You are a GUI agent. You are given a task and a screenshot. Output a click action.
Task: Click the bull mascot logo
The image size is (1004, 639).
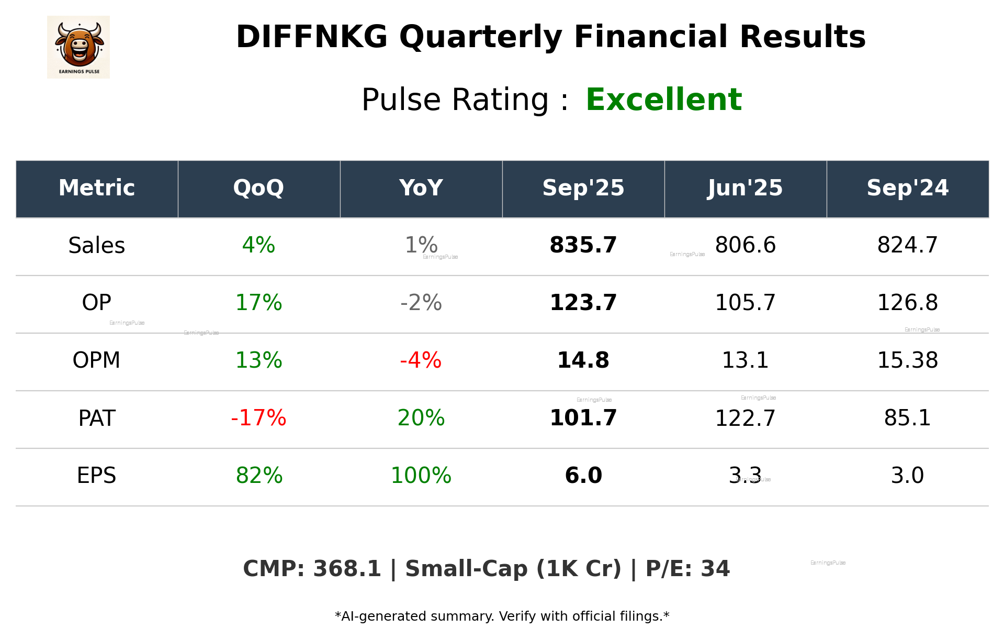78,47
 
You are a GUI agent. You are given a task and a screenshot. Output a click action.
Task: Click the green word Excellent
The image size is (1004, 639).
663,100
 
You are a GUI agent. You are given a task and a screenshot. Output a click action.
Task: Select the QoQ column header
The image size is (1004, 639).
258,188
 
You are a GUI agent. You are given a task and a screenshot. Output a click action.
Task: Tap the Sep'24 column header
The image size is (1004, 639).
907,188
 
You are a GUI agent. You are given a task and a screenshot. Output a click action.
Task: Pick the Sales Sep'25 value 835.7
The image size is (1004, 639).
583,245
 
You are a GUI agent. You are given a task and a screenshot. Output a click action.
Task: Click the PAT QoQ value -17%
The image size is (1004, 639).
258,418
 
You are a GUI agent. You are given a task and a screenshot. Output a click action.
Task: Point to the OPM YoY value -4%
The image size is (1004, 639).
421,360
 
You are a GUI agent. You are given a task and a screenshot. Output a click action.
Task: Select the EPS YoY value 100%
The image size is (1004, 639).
421,476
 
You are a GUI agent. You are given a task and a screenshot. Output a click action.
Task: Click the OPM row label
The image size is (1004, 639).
96,360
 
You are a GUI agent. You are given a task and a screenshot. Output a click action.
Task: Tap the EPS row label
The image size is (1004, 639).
96,476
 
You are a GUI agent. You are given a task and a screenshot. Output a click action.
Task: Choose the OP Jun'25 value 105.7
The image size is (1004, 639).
745,303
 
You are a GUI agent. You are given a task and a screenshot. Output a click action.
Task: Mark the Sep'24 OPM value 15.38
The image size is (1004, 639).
907,360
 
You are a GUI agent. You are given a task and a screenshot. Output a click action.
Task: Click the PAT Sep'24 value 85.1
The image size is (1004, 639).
907,418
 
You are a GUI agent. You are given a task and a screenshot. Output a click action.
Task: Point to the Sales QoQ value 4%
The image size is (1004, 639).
258,245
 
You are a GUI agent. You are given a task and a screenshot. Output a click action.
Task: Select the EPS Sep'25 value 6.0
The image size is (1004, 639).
583,476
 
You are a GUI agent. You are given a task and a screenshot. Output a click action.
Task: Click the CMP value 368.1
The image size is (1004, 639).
347,569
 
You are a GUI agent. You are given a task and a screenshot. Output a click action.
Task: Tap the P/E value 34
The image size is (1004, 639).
715,569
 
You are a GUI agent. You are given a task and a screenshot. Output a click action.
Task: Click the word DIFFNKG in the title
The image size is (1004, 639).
311,37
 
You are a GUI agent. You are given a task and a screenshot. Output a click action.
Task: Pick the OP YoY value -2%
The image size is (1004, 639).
421,303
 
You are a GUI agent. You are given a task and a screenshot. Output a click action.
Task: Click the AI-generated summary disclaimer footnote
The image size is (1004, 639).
502,616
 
